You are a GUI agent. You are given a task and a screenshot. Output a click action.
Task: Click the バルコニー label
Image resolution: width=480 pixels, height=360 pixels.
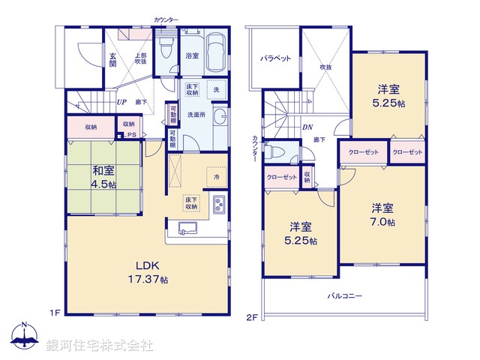click(345, 295)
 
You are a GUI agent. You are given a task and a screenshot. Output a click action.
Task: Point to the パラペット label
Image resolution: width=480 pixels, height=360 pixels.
click(275, 58)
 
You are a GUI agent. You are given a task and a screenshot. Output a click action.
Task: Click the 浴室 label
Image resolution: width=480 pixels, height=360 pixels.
click(191, 56)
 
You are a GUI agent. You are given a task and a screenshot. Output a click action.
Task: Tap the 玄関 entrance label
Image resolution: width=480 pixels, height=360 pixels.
click(110, 60)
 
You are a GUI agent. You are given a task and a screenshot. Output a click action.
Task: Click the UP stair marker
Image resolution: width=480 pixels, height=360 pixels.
click(121, 101)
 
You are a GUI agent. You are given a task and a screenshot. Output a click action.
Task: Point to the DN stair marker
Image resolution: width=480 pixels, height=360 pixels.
click(307, 127)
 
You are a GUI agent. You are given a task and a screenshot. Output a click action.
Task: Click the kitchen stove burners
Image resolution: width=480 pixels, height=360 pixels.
click(218, 203)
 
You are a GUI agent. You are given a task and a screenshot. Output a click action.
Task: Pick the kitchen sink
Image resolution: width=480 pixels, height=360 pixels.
click(186, 229)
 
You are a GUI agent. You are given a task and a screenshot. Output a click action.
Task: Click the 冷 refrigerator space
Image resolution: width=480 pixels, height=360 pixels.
click(216, 177)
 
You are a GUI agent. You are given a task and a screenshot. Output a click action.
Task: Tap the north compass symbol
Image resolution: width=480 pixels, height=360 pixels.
click(25, 335)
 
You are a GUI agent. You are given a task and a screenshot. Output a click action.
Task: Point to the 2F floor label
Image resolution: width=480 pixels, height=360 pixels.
click(252, 318)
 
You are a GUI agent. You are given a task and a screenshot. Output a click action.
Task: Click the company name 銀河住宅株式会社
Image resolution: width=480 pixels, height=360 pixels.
click(100, 346)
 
